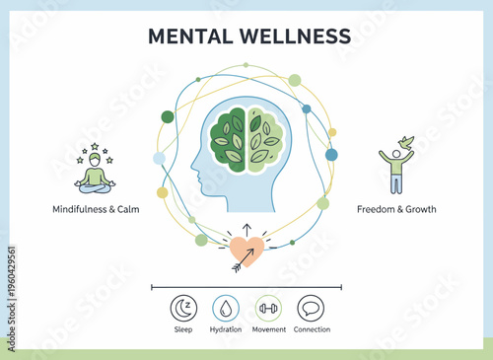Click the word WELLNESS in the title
pyautogui.click(x=295, y=36)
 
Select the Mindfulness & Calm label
pyautogui.click(x=96, y=209)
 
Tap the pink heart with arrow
pyautogui.click(x=246, y=252)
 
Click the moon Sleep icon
pyautogui.click(x=183, y=308)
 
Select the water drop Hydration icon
pyautogui.click(x=226, y=308)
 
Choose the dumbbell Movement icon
pyautogui.click(x=268, y=308)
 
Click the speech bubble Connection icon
pyautogui.click(x=311, y=308)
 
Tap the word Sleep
pyautogui.click(x=183, y=329)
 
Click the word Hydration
pyautogui.click(x=226, y=329)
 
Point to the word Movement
pyautogui.click(x=268, y=329)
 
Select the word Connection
pyautogui.click(x=312, y=329)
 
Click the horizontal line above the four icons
pyautogui.click(x=246, y=287)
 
